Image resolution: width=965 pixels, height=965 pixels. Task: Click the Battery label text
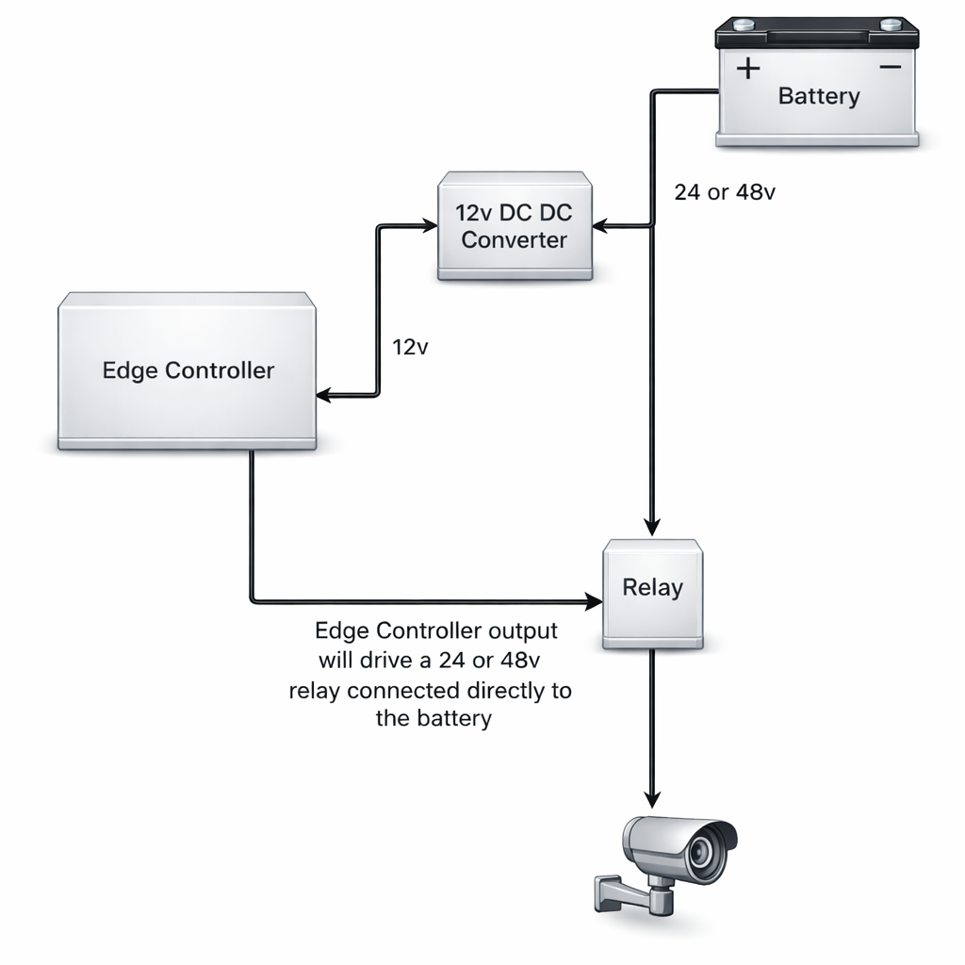818,96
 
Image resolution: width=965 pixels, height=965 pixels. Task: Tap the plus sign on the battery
747,69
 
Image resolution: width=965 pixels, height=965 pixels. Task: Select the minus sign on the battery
890,68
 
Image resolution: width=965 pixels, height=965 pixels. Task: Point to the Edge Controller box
187,369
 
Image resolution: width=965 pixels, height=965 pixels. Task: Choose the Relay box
652,593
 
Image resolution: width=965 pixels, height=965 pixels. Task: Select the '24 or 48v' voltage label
725,192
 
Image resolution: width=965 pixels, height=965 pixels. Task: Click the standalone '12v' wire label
410,347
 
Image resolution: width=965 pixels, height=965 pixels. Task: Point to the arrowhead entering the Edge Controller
323,397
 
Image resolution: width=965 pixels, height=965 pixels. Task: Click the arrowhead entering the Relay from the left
595,600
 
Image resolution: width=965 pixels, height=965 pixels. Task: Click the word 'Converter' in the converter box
515,240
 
